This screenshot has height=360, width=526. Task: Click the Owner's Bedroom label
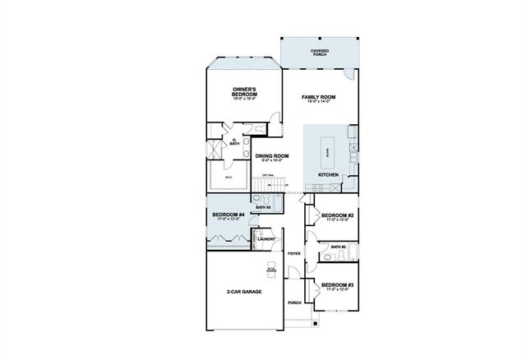[x=243, y=92]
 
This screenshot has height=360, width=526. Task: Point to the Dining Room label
[x=271, y=156]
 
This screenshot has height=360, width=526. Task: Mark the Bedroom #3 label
[x=337, y=284]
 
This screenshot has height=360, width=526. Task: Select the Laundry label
[x=267, y=239]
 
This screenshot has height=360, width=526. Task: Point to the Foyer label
[x=294, y=253]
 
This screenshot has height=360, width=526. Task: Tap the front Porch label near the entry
[x=294, y=302]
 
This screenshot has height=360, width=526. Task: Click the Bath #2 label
[x=337, y=246]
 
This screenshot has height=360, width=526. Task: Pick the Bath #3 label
[x=263, y=208]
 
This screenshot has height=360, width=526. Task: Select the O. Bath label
[x=235, y=142]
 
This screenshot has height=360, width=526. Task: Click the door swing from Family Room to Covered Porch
[x=351, y=75]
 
